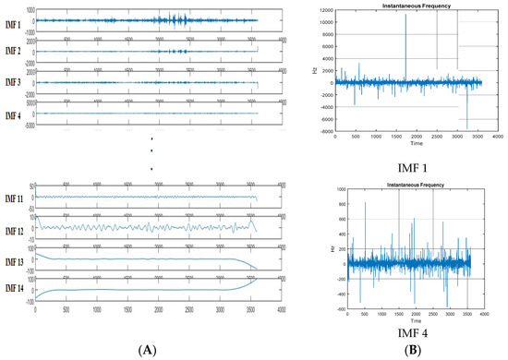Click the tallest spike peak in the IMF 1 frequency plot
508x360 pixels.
coord(405,16)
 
